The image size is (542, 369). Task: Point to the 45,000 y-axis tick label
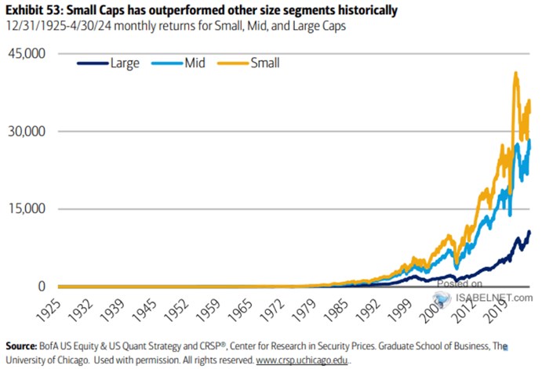pos(25,54)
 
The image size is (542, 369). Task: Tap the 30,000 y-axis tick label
pos(25,132)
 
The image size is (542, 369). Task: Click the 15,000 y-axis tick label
pos(25,209)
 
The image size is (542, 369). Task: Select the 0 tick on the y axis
pos(42,287)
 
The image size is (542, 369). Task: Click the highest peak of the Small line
pos(515,73)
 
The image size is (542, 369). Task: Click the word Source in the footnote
pos(23,345)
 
